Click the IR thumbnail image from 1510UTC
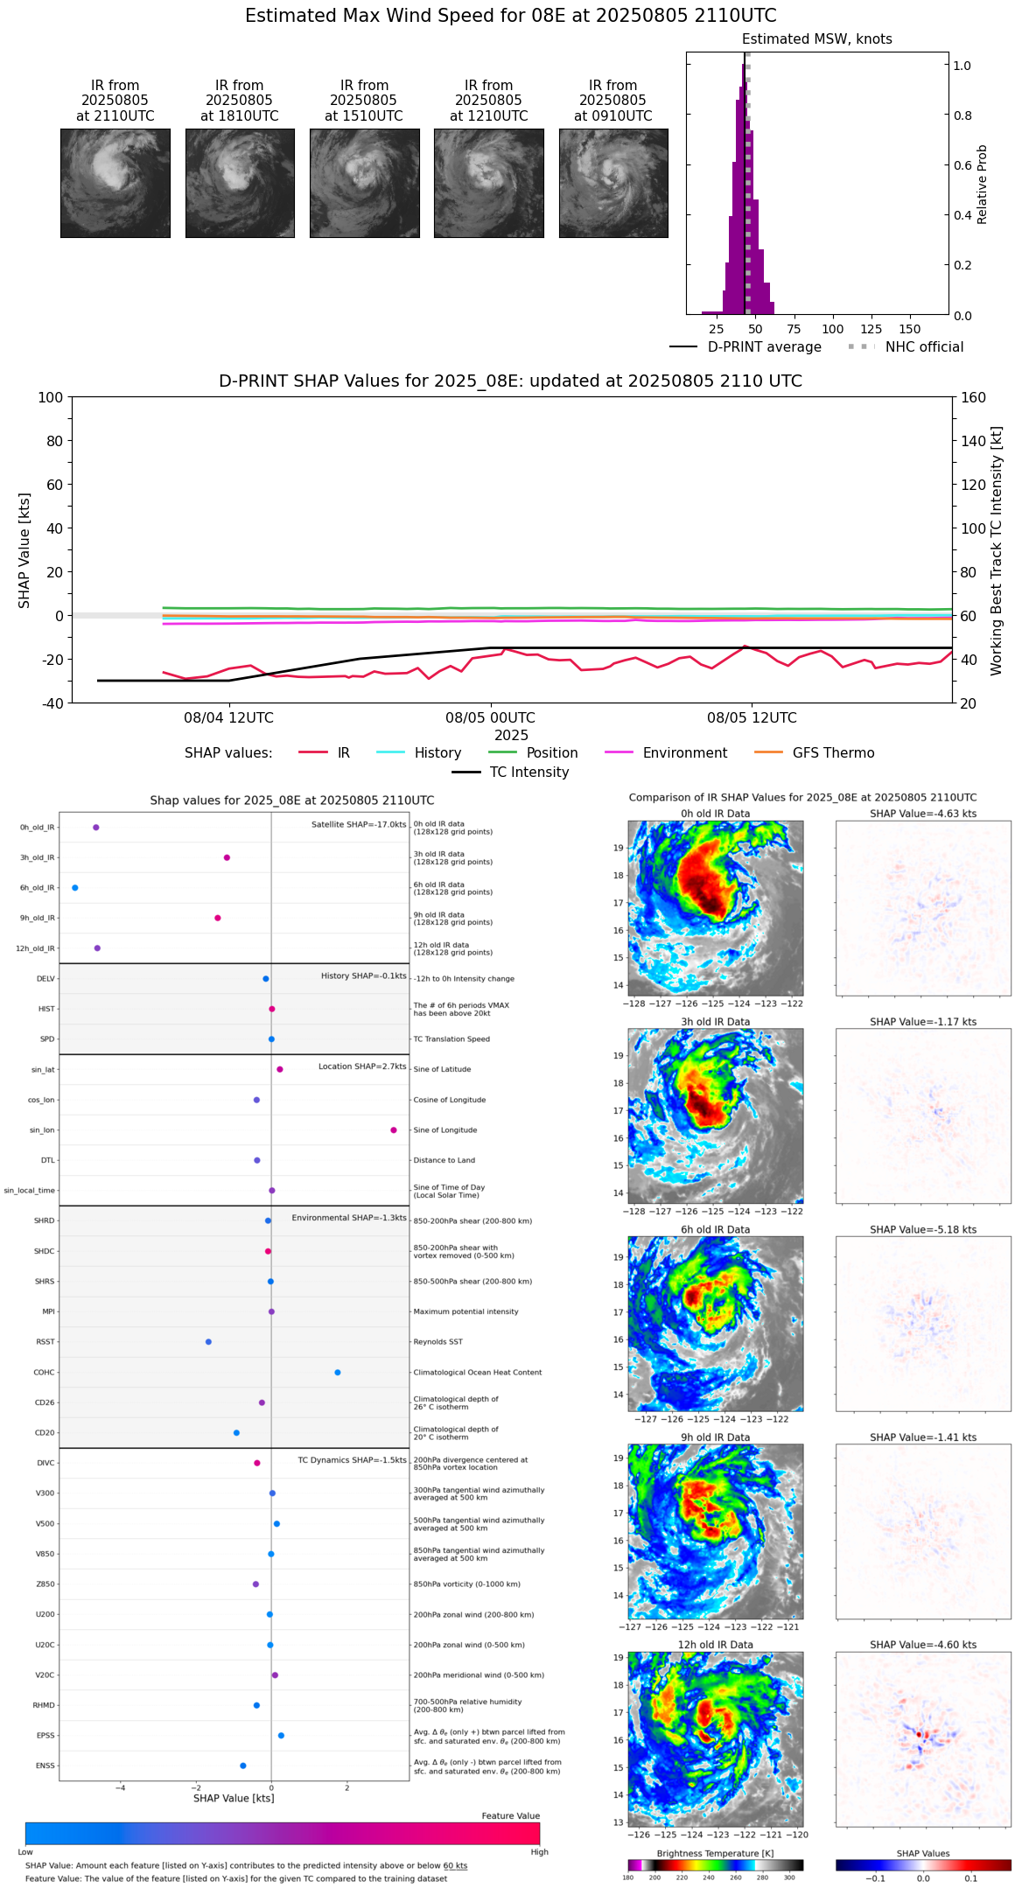click(364, 183)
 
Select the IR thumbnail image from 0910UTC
click(613, 183)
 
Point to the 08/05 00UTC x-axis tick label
click(490, 718)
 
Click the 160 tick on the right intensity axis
click(973, 397)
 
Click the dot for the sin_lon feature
click(394, 1130)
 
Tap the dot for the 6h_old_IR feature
click(75, 888)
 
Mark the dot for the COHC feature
click(338, 1373)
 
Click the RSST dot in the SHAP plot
click(208, 1342)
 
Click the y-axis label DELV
click(45, 979)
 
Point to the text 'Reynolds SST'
click(437, 1342)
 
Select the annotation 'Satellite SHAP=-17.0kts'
click(359, 825)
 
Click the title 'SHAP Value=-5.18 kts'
click(923, 1230)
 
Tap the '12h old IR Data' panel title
click(715, 1645)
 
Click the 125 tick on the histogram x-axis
click(871, 329)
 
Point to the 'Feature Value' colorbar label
click(510, 1816)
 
